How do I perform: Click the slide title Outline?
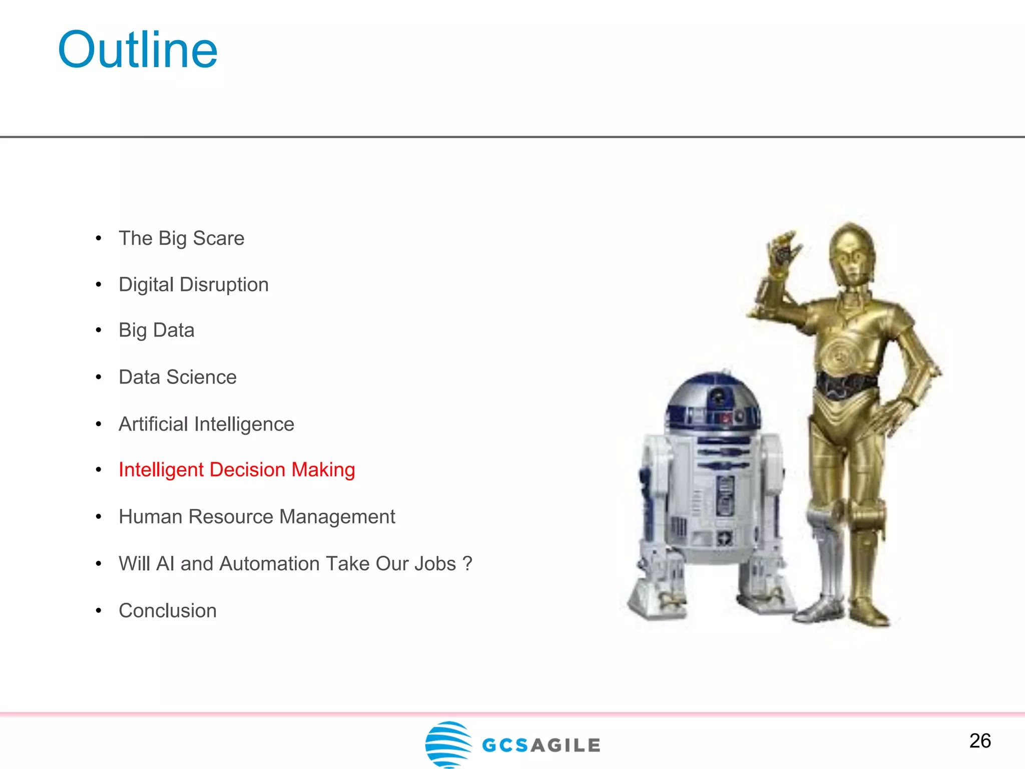pyautogui.click(x=138, y=50)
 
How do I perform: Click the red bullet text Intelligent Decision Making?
pyautogui.click(x=237, y=470)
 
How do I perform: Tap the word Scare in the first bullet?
pyautogui.click(x=219, y=238)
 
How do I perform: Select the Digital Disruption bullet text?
pyautogui.click(x=194, y=284)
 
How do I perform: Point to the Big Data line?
pyautogui.click(x=157, y=330)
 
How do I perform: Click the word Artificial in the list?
pyautogui.click(x=153, y=424)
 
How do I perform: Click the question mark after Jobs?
pyautogui.click(x=468, y=564)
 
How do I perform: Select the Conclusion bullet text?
pyautogui.click(x=168, y=611)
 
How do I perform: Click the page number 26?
pyautogui.click(x=980, y=741)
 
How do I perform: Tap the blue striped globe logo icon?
pyautogui.click(x=448, y=744)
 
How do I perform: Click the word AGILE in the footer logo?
pyautogui.click(x=566, y=745)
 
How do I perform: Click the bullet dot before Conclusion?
pyautogui.click(x=99, y=611)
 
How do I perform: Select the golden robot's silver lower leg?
pyautogui.click(x=826, y=551)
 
